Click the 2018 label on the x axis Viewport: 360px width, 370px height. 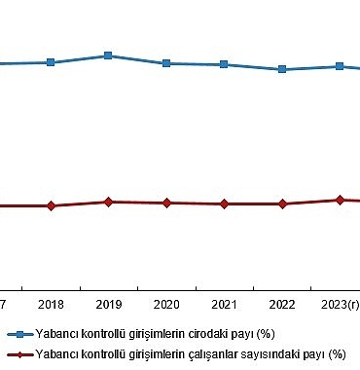51,305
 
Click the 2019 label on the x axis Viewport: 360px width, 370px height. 108,305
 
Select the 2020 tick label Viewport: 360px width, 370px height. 166,305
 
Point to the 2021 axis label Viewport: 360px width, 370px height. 224,305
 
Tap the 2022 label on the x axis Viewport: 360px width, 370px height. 282,305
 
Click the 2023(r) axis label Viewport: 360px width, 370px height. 341,305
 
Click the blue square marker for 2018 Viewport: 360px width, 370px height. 51,62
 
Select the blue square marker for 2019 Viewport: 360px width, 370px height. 108,55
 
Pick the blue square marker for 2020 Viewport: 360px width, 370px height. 166,63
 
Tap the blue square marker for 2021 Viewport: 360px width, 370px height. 224,64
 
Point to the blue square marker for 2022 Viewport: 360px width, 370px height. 282,69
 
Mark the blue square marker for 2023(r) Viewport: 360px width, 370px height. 340,66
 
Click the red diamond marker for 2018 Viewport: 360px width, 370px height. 51,205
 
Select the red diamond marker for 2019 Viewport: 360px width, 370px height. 108,202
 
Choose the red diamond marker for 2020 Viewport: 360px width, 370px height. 166,203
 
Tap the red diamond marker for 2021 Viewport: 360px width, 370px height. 224,203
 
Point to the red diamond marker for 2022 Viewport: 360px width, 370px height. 282,203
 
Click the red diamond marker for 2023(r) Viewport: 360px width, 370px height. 340,200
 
